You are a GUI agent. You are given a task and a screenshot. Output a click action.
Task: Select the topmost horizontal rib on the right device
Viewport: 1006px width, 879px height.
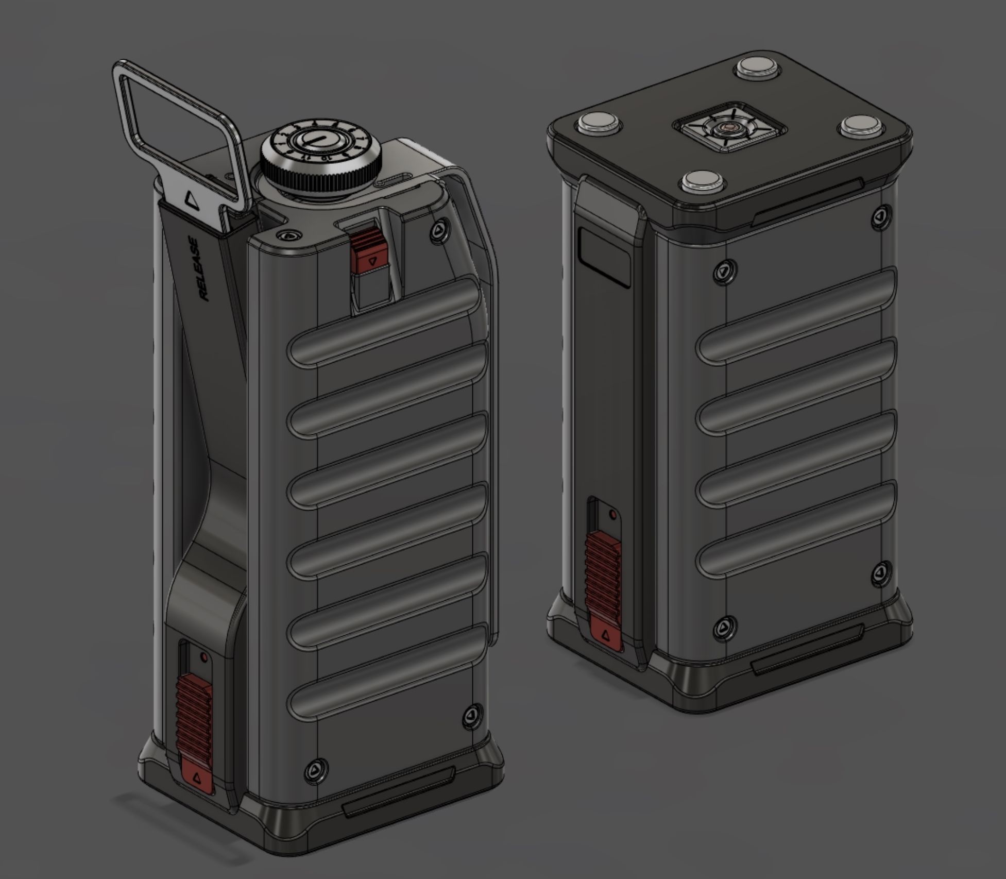coord(796,314)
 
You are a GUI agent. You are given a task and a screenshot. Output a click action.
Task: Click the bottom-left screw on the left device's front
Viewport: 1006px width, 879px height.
coord(315,771)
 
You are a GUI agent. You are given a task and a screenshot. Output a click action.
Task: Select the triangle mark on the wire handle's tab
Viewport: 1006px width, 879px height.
coord(191,199)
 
